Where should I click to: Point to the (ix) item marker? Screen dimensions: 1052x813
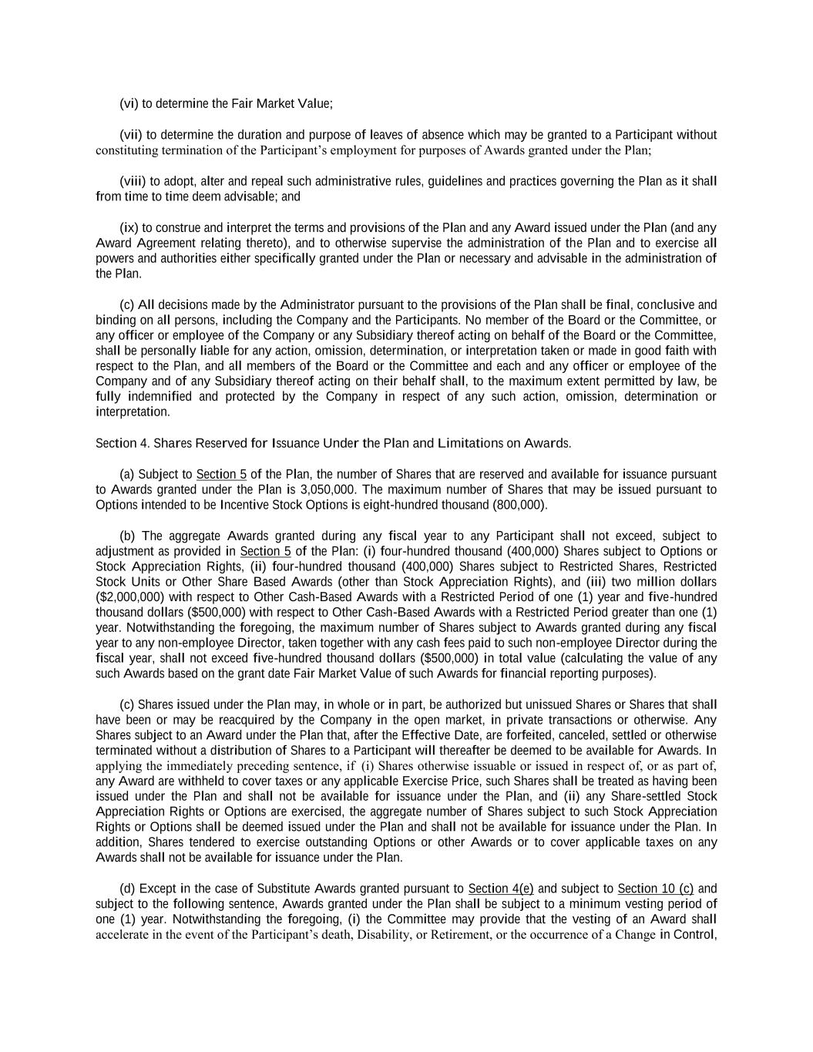coord(129,227)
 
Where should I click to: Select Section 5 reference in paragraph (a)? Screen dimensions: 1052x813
coord(221,474)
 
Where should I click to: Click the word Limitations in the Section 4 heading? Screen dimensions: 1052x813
coord(470,443)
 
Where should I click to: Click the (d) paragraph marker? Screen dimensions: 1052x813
coord(128,888)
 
